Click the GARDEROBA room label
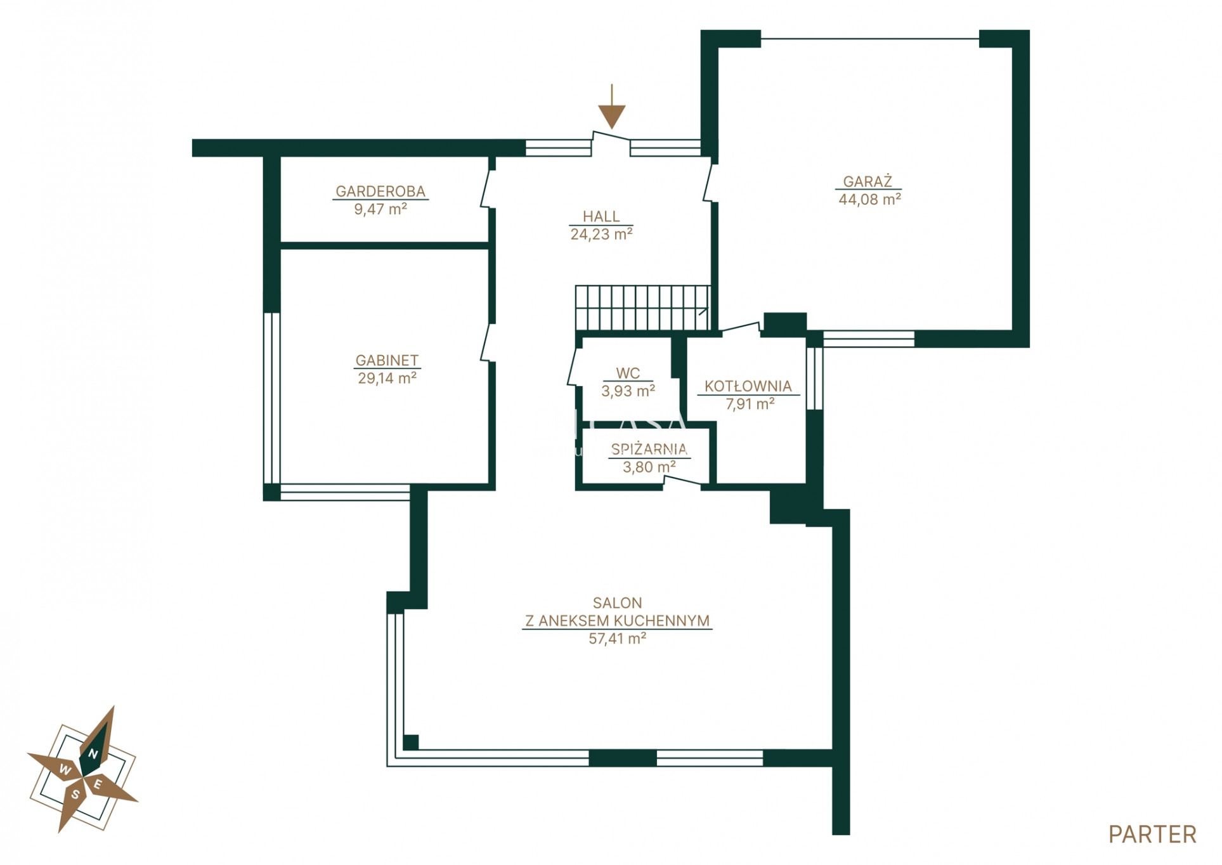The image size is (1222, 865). click(380, 191)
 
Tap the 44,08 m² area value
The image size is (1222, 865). click(869, 199)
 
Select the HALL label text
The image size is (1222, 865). click(601, 216)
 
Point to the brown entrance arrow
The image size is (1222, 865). click(611, 106)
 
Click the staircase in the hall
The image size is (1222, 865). click(642, 308)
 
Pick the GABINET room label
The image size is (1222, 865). click(387, 360)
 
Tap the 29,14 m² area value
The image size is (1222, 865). click(387, 379)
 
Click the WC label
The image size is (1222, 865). click(628, 374)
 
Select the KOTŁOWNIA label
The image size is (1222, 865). click(748, 386)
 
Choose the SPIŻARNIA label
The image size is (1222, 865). click(649, 450)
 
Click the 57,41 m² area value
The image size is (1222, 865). click(617, 639)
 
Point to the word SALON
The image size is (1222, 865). click(617, 603)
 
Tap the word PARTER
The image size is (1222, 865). click(1152, 835)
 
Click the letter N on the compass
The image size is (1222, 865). click(93, 753)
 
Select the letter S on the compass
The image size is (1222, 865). click(75, 795)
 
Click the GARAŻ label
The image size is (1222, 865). click(868, 181)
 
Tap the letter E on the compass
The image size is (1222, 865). click(98, 784)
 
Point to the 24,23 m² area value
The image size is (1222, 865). click(601, 235)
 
